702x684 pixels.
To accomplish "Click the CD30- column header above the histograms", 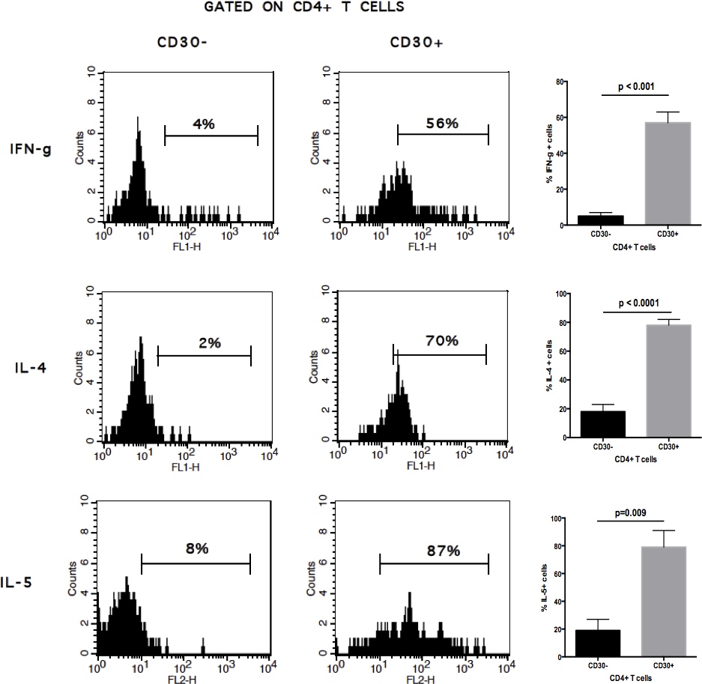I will click(182, 42).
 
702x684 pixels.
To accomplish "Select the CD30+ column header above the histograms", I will click(417, 42).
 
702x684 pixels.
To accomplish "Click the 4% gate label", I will click(203, 124).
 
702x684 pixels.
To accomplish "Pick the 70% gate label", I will click(442, 341).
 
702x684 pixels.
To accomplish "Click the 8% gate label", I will click(196, 548).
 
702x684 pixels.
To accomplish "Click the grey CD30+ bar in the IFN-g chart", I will click(664, 173).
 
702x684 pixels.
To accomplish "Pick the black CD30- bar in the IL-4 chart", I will click(602, 424).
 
